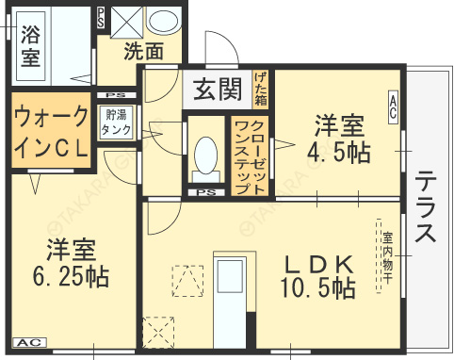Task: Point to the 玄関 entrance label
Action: [218, 90]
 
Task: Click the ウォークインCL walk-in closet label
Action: [51, 132]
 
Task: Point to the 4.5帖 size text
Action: [338, 152]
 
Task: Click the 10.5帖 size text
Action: [316, 287]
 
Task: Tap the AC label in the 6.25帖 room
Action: [28, 342]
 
